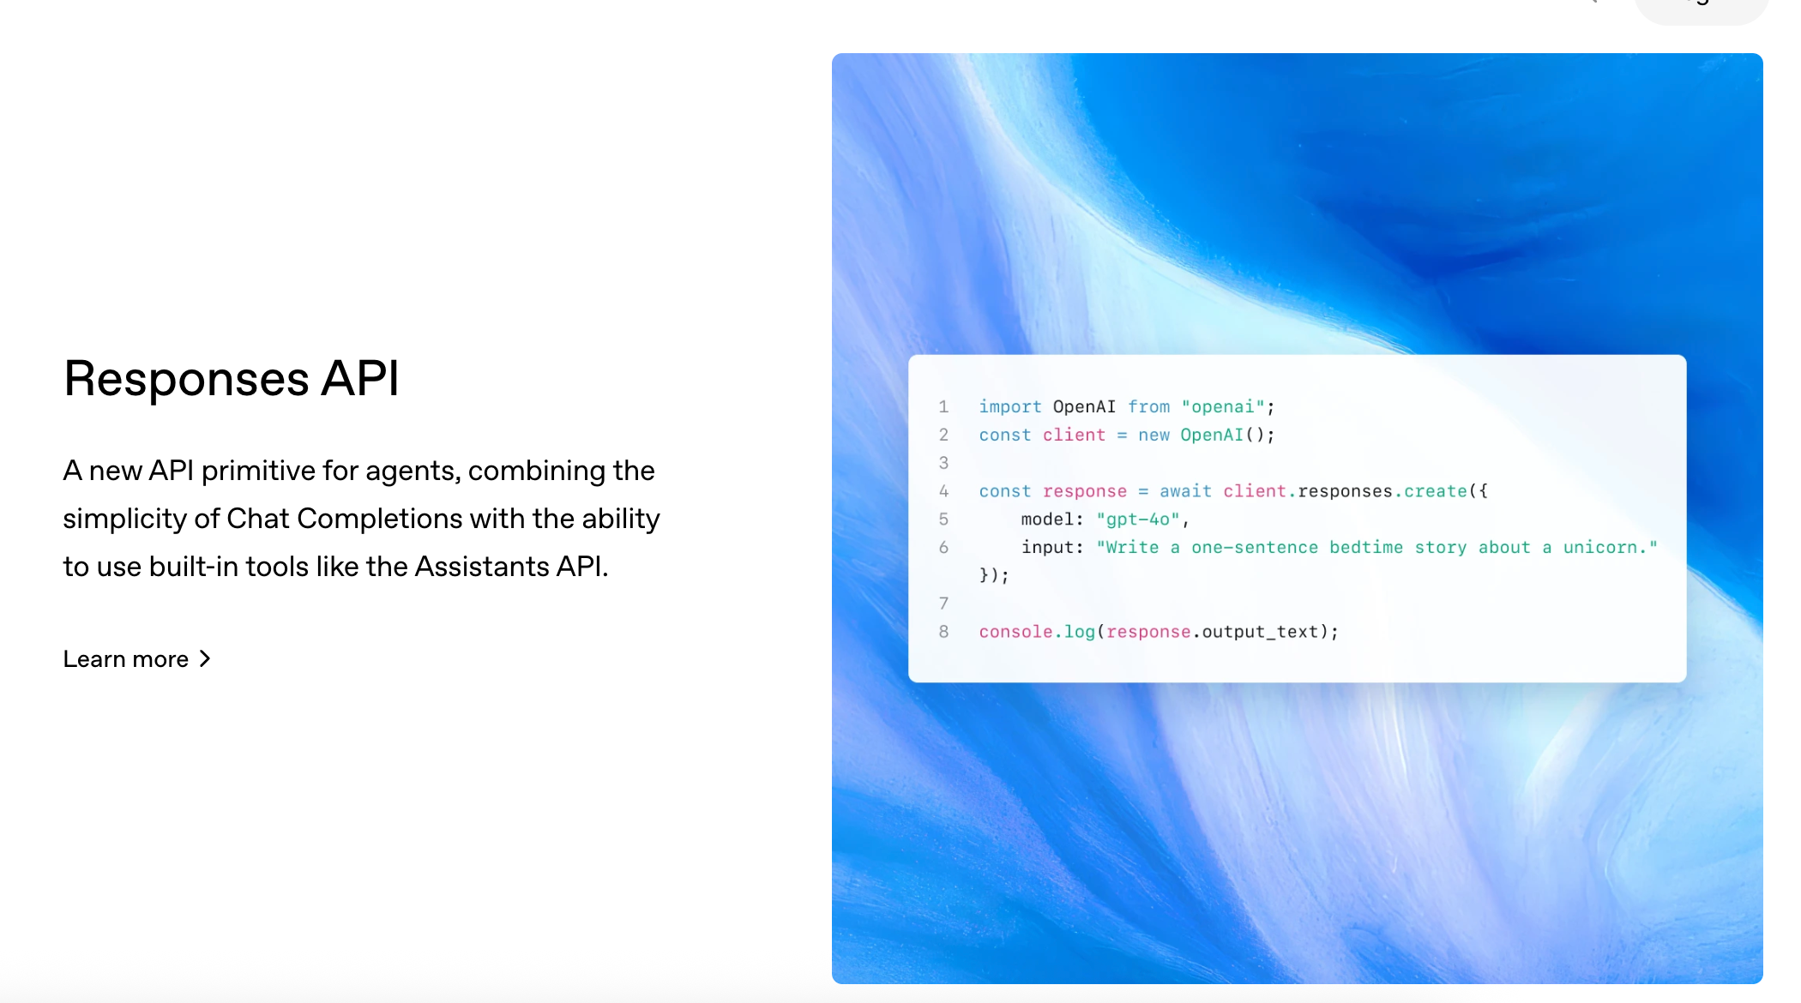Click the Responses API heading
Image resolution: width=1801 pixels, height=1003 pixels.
232,379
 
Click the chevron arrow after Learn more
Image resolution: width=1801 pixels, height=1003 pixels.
205,659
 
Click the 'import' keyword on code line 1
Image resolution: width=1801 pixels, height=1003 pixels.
1010,407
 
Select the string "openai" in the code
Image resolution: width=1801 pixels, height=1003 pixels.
1223,407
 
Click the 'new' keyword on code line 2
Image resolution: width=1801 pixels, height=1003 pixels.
1153,435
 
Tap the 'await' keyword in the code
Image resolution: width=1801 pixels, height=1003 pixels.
1185,491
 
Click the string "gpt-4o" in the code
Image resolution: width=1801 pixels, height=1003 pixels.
1138,520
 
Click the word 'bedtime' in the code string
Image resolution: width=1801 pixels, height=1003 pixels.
1366,548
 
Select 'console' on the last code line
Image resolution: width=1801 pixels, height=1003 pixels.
1015,632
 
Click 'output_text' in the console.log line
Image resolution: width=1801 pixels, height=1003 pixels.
1260,632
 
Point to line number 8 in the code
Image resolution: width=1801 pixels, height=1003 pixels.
943,632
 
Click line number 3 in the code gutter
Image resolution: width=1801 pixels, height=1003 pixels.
943,463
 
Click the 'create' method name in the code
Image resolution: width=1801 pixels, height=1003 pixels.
1436,491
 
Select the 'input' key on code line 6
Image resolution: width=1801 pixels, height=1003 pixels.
1047,548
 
